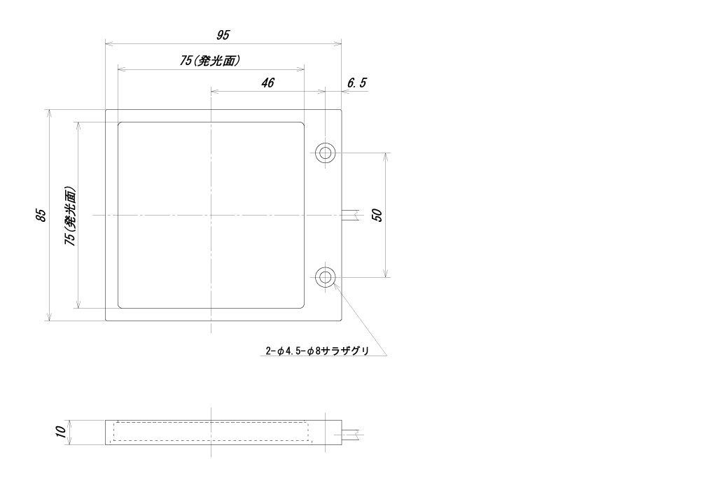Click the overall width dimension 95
[223, 35]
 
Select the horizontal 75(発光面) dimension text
[209, 60]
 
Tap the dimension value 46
[267, 83]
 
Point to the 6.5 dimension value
[356, 83]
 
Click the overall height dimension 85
[41, 216]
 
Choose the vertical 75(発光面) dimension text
[70, 216]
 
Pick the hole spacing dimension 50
[377, 215]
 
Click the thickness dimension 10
[60, 432]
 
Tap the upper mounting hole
[325, 153]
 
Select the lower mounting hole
[325, 277]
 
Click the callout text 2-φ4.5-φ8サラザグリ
[317, 351]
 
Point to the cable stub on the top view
[352, 215]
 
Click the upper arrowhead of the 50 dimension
[387, 157]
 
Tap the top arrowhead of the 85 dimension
[50, 114]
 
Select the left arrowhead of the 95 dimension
[110, 44]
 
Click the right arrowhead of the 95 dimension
[337, 44]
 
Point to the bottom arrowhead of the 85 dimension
[50, 317]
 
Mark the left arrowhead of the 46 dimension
[215, 92]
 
